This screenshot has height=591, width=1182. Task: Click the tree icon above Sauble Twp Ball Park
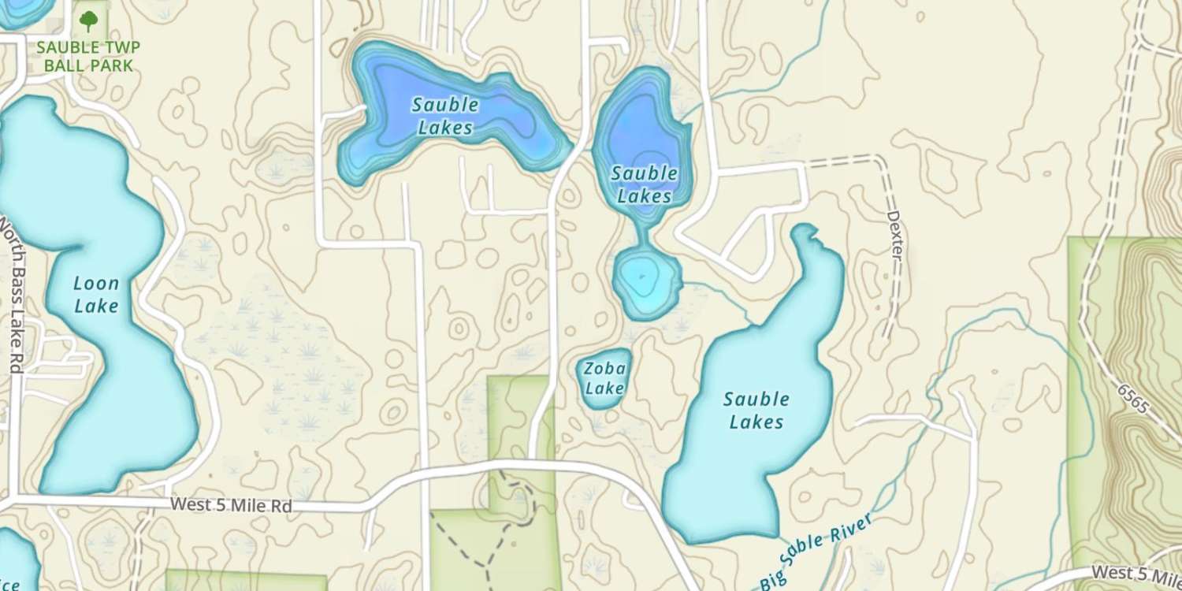89,20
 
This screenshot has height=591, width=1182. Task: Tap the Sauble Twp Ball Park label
88,56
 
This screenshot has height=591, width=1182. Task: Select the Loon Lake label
96,294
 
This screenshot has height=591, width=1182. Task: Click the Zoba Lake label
605,377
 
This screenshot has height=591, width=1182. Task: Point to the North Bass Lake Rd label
11,295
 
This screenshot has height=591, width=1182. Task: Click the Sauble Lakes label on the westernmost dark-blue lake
445,115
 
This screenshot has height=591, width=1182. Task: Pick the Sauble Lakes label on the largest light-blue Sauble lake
756,411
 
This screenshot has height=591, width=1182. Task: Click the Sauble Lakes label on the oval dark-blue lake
644,184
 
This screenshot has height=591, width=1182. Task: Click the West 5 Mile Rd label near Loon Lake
231,505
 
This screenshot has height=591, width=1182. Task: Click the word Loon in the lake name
96,284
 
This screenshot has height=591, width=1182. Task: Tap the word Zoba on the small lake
605,368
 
